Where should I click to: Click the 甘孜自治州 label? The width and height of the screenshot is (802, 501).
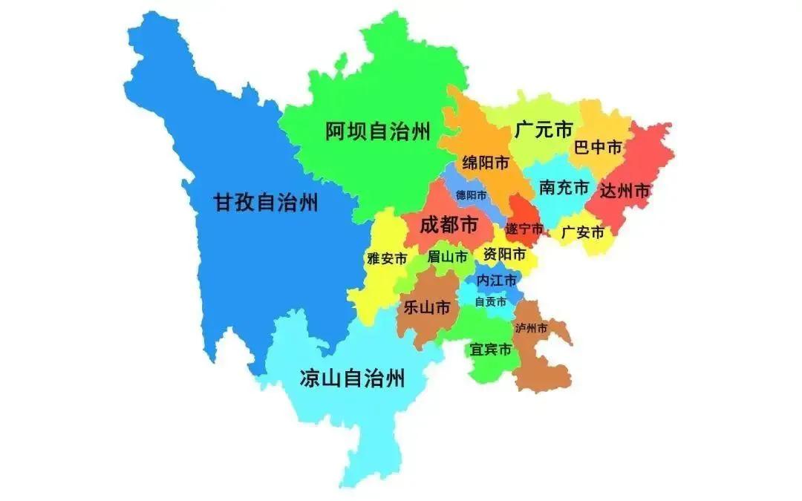click(266, 202)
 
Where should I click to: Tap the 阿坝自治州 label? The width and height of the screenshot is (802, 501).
click(378, 132)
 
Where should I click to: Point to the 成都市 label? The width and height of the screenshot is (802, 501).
click(449, 224)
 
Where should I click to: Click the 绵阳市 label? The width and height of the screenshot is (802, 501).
click(485, 163)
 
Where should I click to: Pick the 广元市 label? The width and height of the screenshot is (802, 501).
click(543, 131)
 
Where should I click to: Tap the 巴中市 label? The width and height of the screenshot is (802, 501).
click(598, 147)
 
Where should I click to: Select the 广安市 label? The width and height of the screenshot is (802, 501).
click(583, 232)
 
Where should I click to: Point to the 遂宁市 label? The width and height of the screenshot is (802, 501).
click(524, 228)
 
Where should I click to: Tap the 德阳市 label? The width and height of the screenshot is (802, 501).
click(472, 195)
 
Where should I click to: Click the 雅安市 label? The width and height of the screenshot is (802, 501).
click(387, 259)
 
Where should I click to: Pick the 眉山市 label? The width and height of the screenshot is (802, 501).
click(447, 257)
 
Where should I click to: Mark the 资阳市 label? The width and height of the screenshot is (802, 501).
click(504, 255)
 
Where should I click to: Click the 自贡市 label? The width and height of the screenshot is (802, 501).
click(491, 302)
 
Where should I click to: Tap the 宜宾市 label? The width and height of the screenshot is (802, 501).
click(490, 349)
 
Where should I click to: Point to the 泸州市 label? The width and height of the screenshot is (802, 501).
click(532, 327)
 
